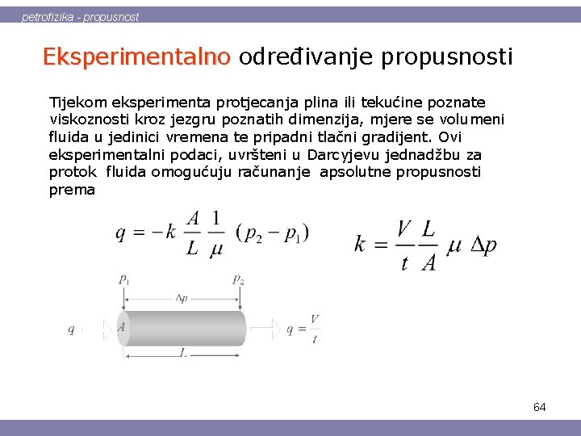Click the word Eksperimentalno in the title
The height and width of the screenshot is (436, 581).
[x=136, y=57]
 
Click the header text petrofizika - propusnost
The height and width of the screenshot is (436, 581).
[x=80, y=16]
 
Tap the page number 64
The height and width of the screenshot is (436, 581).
[x=539, y=407]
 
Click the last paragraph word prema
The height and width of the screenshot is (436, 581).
[x=72, y=190]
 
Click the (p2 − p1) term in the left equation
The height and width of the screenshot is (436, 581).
[x=272, y=232]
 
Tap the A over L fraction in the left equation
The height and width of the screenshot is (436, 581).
[x=193, y=232]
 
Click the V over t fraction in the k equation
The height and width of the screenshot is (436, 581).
[x=405, y=245]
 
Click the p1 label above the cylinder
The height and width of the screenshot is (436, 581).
[x=124, y=279]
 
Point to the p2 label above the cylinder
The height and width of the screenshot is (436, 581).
[x=238, y=279]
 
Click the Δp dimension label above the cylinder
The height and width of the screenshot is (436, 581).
[x=182, y=297]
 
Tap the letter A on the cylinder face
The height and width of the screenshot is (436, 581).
[x=121, y=327]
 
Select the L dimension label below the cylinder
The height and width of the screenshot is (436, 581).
[x=184, y=353]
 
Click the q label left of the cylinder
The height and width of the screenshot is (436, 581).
[x=72, y=329]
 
